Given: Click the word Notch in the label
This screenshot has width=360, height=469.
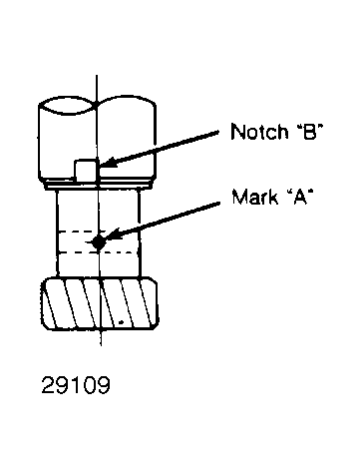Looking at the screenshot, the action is coord(259,131).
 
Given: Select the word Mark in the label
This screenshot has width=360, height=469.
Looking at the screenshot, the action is coord(254,197).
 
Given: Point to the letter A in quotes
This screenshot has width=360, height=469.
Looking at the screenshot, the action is coord(300,197).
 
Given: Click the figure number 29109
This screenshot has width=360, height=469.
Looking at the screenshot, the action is coord(76,385).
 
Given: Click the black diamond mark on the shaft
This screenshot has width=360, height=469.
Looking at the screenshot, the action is coord(99,241).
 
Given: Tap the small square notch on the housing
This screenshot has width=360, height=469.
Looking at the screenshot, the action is coord(86,171).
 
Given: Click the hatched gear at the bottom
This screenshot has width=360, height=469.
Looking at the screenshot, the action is coord(100,303).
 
